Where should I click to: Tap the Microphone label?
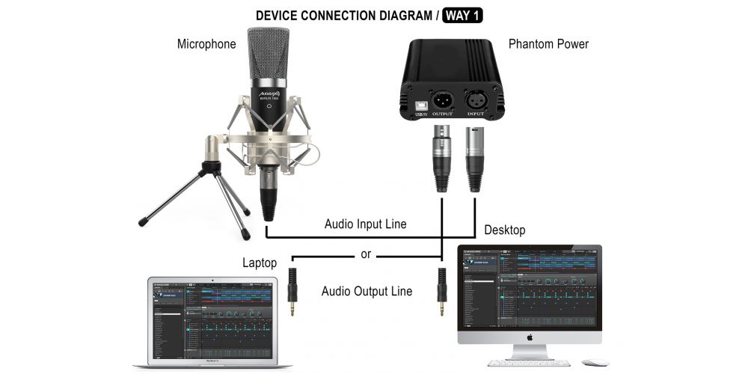[206, 44]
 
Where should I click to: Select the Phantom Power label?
[548, 44]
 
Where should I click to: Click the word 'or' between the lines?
[366, 254]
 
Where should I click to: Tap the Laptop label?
[260, 263]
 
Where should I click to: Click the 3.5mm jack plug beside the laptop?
[293, 292]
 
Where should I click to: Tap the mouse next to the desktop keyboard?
[595, 363]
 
